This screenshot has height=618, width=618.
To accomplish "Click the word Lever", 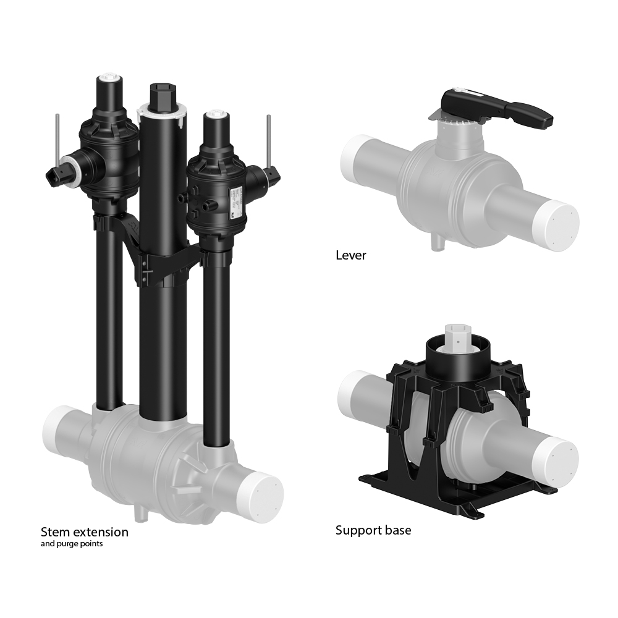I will point(350,255).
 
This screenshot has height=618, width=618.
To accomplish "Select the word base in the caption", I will point(397,530).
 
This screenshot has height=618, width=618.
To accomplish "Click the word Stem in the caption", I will point(54,531).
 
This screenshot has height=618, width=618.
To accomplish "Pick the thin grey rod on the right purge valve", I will point(270,140).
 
